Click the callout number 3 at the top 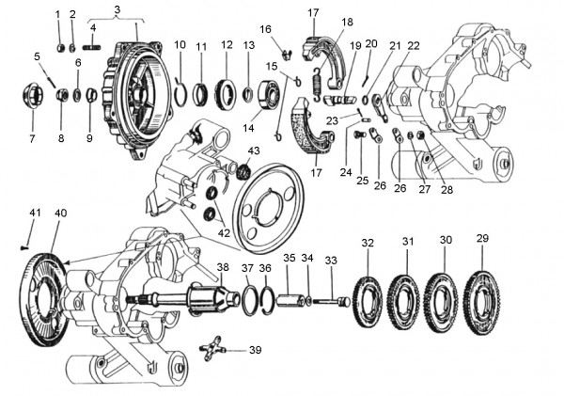pos(117,9)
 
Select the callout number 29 pos(483,239)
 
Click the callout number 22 pos(414,46)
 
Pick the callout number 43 pos(254,150)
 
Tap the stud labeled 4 pos(92,48)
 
